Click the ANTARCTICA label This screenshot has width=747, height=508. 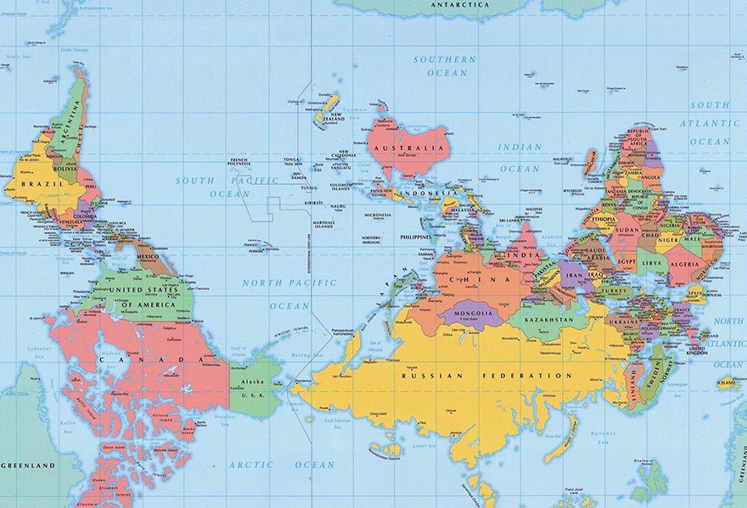tap(459, 4)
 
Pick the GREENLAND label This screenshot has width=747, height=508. tap(27, 466)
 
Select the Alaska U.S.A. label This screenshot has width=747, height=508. tap(253, 388)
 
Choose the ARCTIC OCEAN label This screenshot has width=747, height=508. tap(281, 465)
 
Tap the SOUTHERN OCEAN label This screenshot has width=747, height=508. tap(445, 66)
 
